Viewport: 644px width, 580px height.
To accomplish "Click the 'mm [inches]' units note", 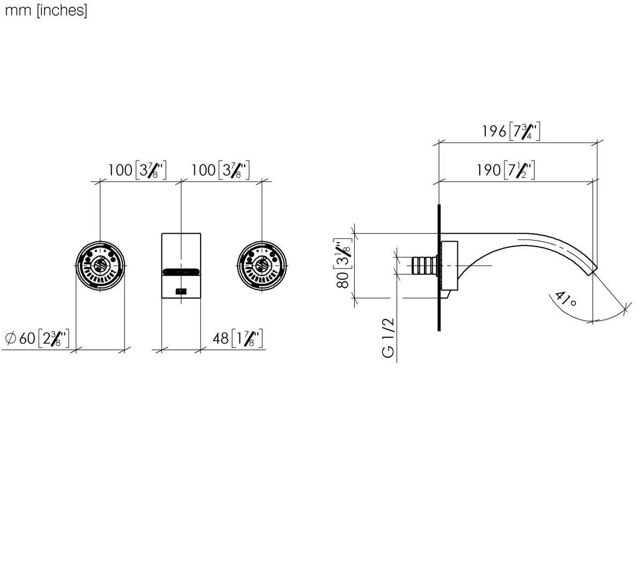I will pos(46,11).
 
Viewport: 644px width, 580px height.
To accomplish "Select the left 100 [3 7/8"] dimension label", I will pos(137,171).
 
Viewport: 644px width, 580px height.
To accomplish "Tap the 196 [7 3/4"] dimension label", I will pos(510,132).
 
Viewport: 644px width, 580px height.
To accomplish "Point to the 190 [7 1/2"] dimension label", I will pos(506,171).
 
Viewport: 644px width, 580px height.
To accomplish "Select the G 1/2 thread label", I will pos(387,337).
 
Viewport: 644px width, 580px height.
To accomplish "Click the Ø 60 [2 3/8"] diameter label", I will pos(37,338).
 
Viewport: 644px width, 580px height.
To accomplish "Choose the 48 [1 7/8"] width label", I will pos(237,338).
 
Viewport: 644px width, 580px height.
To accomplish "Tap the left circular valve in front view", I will pos(100,265).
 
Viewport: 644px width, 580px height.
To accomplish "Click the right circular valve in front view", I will pos(262,265).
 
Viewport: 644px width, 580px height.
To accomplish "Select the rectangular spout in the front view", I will pos(181,252).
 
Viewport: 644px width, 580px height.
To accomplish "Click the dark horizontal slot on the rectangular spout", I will pos(181,272).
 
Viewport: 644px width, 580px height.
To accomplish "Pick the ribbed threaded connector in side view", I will pos(424,265).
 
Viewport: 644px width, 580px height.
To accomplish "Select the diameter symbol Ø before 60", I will pos(10,338).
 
